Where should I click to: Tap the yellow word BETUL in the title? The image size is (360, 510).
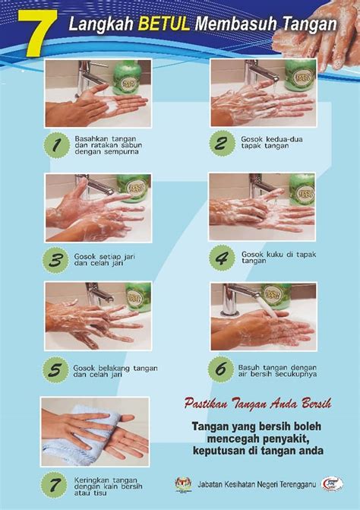point(164,24)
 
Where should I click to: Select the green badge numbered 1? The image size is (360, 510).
point(57,145)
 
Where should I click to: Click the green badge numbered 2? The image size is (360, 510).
point(223,144)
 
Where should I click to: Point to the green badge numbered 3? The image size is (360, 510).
point(56,260)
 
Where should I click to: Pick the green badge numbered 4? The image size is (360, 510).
point(222,258)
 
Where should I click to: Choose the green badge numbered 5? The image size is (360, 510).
point(56,370)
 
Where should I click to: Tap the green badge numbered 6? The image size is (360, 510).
point(221,369)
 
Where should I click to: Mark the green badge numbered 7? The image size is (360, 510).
point(54,485)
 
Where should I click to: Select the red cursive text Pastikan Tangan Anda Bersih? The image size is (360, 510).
point(257,404)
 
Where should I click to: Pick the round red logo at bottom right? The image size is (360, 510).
point(332,484)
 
